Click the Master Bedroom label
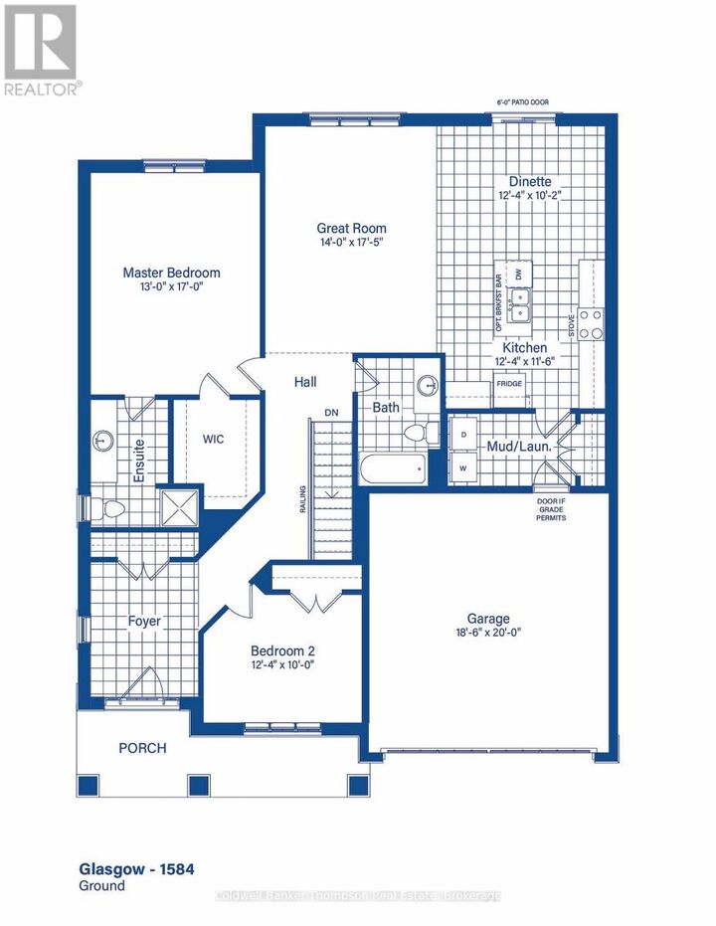171,273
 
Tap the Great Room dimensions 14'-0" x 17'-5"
345,243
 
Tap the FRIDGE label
508,384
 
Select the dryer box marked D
463,435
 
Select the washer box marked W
463,466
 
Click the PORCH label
143,748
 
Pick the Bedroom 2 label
283,651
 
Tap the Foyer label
144,622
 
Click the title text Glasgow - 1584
135,869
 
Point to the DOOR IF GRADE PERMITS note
550,509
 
